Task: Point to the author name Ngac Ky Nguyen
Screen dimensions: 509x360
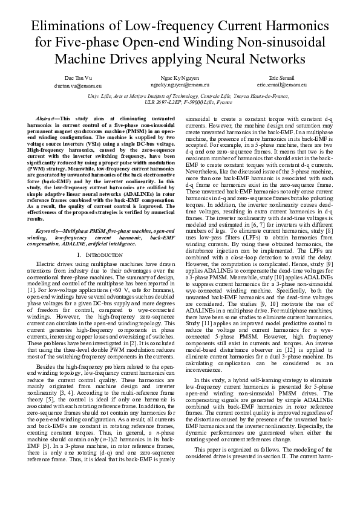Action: [x=180, y=79]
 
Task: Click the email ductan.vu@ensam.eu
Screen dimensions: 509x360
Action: [x=78, y=86]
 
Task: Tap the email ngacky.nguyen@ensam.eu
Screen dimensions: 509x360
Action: [x=181, y=86]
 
